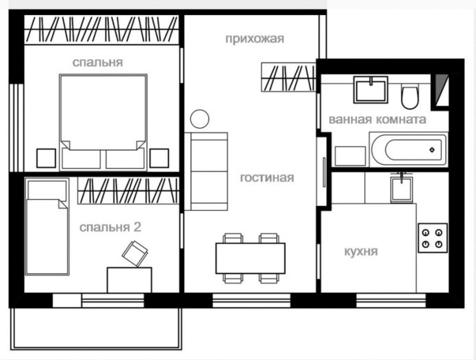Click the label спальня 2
point(110,227)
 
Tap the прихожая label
point(254,38)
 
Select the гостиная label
point(266,178)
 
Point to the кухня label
point(360,251)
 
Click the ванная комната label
point(377,119)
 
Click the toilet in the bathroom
point(410,97)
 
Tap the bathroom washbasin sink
point(370,90)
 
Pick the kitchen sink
point(401,187)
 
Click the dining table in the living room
point(251,257)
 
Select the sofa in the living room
point(208,171)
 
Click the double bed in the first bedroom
point(103,120)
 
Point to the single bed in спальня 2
point(47,226)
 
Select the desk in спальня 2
point(129,279)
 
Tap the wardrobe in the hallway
point(287,77)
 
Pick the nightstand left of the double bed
point(45,158)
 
